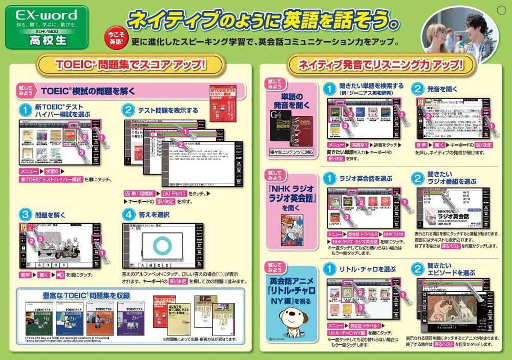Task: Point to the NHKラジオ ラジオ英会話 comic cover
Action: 291,229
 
